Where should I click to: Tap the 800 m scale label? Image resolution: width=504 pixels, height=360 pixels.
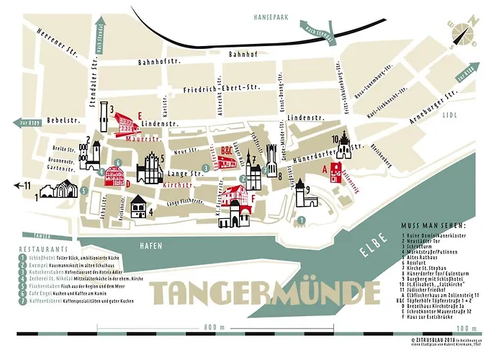(210, 327)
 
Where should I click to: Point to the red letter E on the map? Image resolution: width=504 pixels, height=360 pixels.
(141, 114)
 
